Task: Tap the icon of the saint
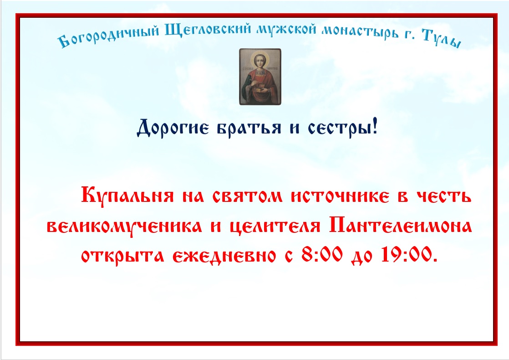(x=260, y=77)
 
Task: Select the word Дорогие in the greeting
(x=173, y=128)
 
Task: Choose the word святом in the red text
(x=248, y=196)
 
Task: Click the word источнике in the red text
(x=340, y=196)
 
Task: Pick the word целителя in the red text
(x=275, y=226)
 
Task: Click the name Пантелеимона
(x=401, y=226)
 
